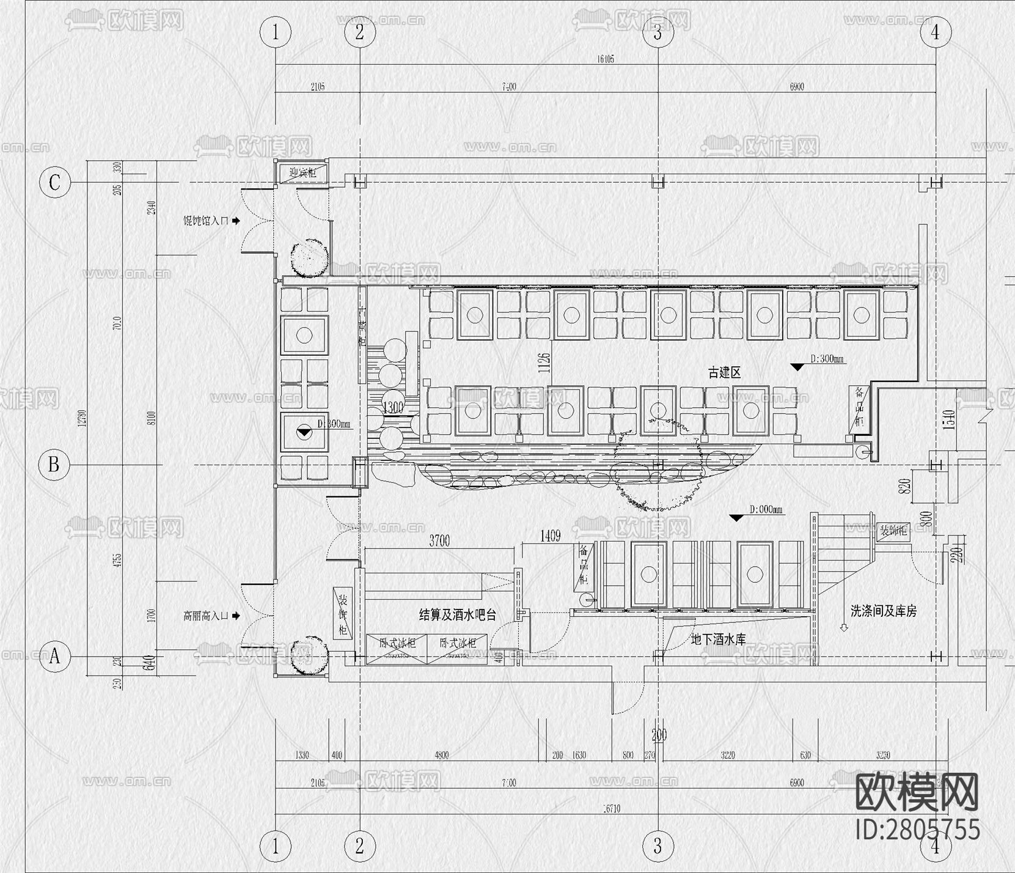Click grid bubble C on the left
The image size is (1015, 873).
(x=54, y=182)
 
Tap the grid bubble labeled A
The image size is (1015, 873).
(x=54, y=656)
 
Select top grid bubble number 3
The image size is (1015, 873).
(x=658, y=32)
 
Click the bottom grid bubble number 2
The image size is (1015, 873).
(x=359, y=846)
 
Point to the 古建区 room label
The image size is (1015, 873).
(x=725, y=372)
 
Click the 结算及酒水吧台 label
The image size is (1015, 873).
(x=457, y=615)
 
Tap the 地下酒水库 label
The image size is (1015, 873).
(x=718, y=639)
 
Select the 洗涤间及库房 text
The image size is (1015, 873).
(x=883, y=611)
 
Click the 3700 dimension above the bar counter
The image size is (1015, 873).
(x=439, y=540)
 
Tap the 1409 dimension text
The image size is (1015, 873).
(x=550, y=536)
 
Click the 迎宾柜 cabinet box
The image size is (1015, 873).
(x=303, y=173)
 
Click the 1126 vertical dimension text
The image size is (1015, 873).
(x=545, y=362)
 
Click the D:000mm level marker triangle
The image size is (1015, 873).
(x=736, y=518)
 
